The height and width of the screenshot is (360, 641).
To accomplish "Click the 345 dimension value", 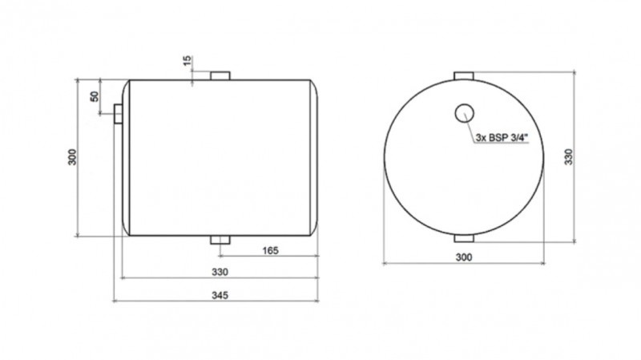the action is tap(220, 295).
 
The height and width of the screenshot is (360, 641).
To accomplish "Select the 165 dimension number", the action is tap(270, 250).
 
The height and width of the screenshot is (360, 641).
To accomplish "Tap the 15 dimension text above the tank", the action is tap(187, 61).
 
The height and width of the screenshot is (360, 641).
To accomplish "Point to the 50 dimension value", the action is tap(95, 96).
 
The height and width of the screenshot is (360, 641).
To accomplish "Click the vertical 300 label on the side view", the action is tap(72, 157).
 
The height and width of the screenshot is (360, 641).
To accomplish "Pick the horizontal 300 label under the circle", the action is tap(464, 257).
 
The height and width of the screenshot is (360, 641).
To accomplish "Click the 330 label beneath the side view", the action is tap(220, 272).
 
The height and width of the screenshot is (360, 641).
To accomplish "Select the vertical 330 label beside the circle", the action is tap(569, 156).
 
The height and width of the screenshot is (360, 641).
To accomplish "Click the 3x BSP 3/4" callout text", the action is tap(502, 138).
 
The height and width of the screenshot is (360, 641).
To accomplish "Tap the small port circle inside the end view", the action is tap(465, 113).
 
